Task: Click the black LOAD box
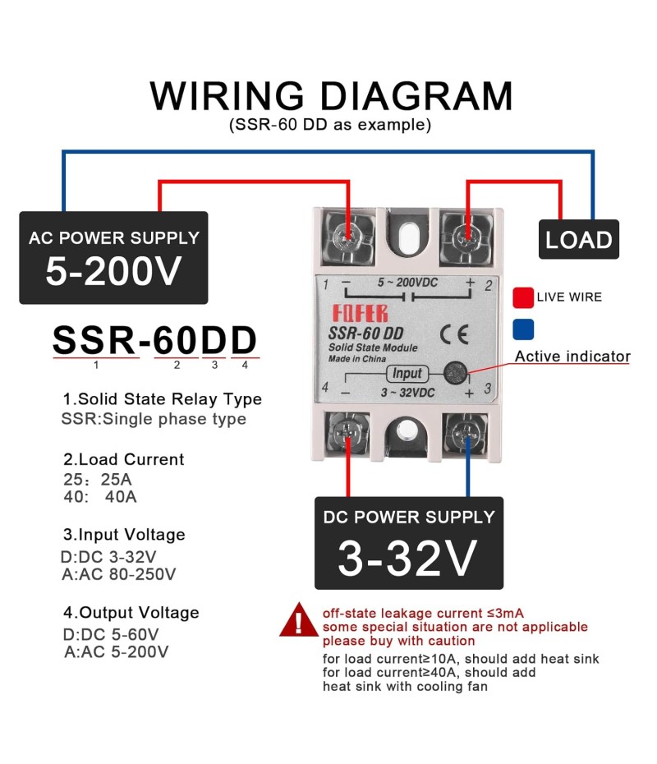(579, 240)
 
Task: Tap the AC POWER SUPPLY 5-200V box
(113, 258)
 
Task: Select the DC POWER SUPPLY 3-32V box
(408, 542)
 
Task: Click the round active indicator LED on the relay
(453, 373)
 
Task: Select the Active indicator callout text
(572, 357)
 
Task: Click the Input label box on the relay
(407, 373)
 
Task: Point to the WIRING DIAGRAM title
(331, 96)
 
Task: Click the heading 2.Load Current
(123, 459)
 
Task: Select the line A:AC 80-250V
(118, 574)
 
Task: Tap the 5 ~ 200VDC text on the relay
(407, 282)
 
